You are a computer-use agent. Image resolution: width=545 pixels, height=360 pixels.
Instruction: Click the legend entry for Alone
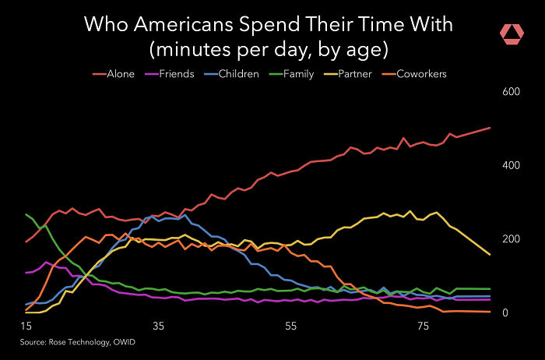114,74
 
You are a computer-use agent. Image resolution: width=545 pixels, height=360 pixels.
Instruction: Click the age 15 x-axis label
26,326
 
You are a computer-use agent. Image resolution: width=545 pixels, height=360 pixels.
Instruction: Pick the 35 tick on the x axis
158,326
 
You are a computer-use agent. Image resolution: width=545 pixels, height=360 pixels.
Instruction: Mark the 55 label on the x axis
290,326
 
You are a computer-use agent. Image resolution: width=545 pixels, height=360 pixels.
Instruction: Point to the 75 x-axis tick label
424,326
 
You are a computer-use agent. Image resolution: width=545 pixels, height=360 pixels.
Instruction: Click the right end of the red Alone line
489,128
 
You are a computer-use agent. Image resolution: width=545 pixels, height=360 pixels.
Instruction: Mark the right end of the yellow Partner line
489,254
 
